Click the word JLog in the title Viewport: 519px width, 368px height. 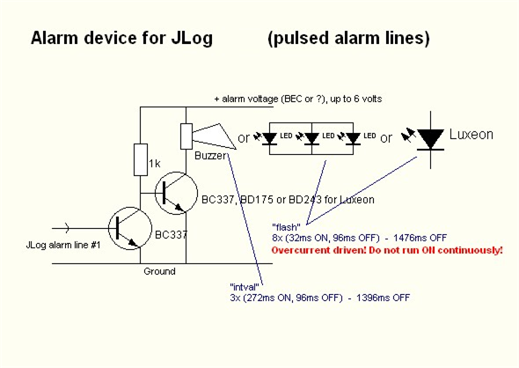coord(192,39)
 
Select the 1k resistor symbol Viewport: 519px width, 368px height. coord(141,159)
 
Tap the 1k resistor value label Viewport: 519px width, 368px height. coord(155,164)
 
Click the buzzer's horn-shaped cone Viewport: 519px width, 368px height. coord(214,136)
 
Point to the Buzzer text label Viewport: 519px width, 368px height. coord(211,156)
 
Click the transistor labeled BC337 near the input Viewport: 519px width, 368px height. coord(130,228)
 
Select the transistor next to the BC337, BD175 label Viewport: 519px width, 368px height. coord(177,193)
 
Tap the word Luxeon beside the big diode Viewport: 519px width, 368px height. coord(471,135)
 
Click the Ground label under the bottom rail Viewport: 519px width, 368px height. coord(159,271)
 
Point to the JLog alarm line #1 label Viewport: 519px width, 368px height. coord(62,245)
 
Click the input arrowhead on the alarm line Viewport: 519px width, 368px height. coord(67,228)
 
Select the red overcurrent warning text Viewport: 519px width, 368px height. coord(387,250)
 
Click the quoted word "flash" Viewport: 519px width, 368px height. coord(286,227)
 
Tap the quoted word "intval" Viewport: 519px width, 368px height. coord(245,287)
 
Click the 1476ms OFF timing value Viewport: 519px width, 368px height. coord(420,238)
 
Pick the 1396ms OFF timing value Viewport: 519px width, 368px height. coord(383,298)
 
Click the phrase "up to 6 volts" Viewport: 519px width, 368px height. coord(356,99)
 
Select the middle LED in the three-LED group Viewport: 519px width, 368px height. coord(311,138)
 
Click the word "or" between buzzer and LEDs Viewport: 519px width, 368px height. coord(244,138)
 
